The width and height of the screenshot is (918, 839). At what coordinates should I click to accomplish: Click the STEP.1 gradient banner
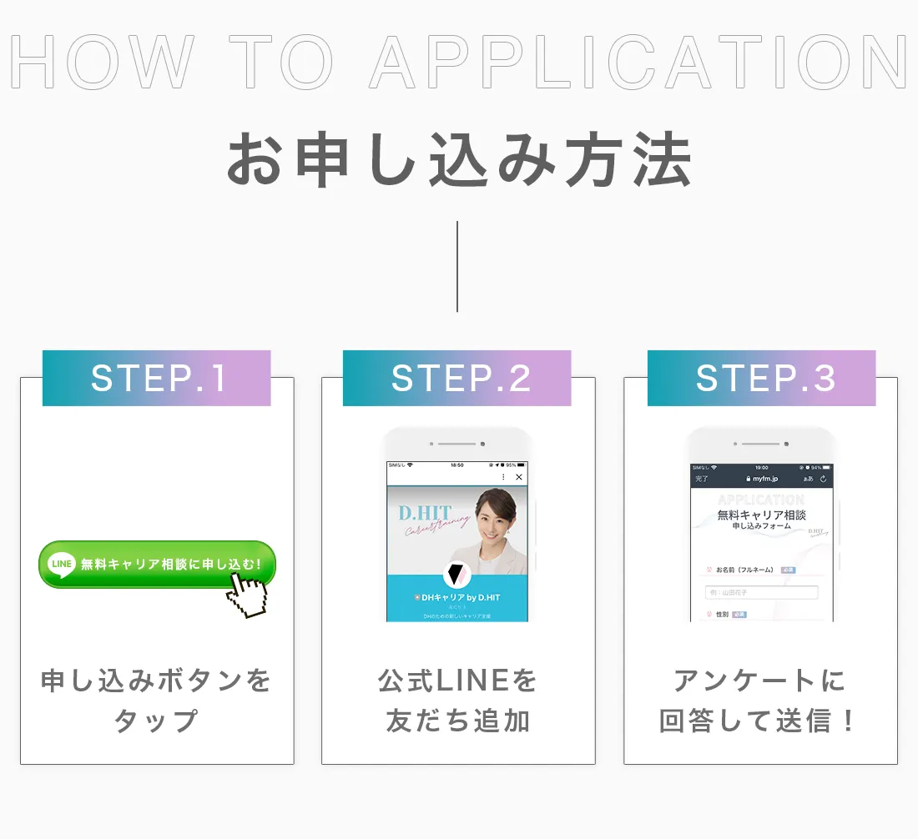(x=157, y=379)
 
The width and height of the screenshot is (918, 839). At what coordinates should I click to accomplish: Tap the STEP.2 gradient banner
(x=457, y=379)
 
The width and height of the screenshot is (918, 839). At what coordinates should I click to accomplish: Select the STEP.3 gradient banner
(x=762, y=379)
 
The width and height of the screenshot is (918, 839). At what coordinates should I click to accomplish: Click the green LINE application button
(x=157, y=565)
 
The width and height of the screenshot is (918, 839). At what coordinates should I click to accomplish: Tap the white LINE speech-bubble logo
(x=63, y=564)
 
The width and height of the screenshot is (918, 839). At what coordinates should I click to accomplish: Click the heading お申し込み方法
(x=459, y=161)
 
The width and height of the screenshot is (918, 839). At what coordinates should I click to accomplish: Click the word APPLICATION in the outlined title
(x=638, y=63)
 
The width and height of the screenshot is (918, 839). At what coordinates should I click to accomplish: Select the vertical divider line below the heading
(x=457, y=267)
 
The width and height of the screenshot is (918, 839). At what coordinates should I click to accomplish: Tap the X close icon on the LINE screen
(x=519, y=477)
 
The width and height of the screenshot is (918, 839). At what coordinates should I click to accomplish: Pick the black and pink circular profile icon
(x=456, y=575)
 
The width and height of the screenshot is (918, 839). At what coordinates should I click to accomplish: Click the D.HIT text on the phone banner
(x=425, y=513)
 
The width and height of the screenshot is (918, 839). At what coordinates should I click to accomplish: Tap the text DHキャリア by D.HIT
(x=458, y=598)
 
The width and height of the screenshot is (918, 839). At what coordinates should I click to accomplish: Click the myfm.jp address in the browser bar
(x=764, y=479)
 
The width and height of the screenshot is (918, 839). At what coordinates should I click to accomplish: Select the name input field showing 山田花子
(x=761, y=593)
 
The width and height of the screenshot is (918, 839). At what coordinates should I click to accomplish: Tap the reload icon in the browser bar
(x=824, y=479)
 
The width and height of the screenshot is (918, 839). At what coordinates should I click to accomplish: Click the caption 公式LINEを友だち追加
(x=458, y=701)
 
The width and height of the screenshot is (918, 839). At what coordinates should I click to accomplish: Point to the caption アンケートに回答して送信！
(x=760, y=701)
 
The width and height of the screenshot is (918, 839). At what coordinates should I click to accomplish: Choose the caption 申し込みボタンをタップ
(x=157, y=701)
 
